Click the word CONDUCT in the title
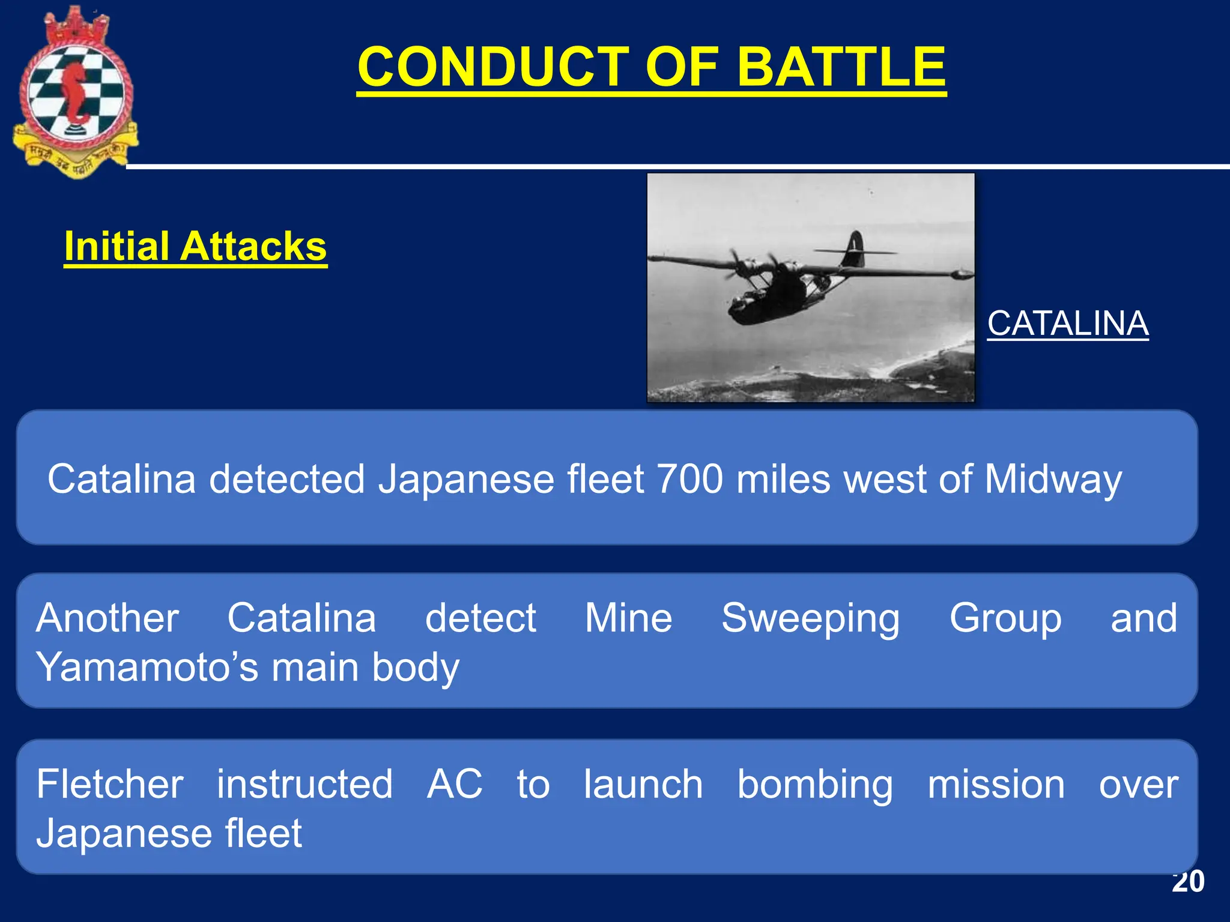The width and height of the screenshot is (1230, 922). pos(492,67)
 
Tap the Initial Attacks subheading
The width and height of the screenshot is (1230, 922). pos(195,246)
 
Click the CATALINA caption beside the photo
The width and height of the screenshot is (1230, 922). pos(1068,324)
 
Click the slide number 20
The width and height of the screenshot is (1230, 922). pos(1187,882)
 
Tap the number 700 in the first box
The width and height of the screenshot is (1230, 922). pos(689,479)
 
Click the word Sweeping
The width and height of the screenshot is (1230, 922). pos(810,618)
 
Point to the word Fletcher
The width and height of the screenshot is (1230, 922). pos(110,784)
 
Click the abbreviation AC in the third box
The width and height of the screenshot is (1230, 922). pos(454,784)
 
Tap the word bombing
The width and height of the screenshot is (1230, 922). pos(815,785)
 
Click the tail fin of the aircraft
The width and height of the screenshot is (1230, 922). pos(853,249)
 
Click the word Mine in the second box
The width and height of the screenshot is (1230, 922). pos(628,618)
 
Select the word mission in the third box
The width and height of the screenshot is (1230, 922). pos(996,785)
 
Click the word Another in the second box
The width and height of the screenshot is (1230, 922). pos(108,618)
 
